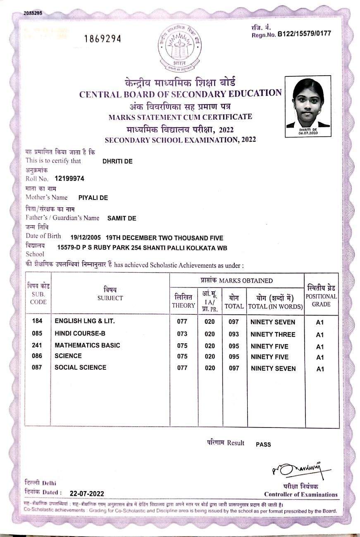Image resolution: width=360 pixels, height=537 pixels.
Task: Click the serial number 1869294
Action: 103,39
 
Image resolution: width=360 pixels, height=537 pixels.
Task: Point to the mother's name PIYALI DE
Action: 93,198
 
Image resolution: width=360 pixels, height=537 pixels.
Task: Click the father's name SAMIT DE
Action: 122,218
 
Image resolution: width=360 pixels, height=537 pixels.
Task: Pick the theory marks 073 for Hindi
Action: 182,334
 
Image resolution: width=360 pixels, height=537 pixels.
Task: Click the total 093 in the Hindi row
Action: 234,334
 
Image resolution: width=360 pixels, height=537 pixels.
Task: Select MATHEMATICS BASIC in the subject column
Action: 87,345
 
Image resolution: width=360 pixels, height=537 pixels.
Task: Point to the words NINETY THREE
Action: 273,334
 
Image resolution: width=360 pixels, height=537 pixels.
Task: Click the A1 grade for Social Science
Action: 319,369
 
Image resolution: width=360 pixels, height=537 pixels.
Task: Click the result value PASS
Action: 263,444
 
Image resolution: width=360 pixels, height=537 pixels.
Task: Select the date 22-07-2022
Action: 87,493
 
